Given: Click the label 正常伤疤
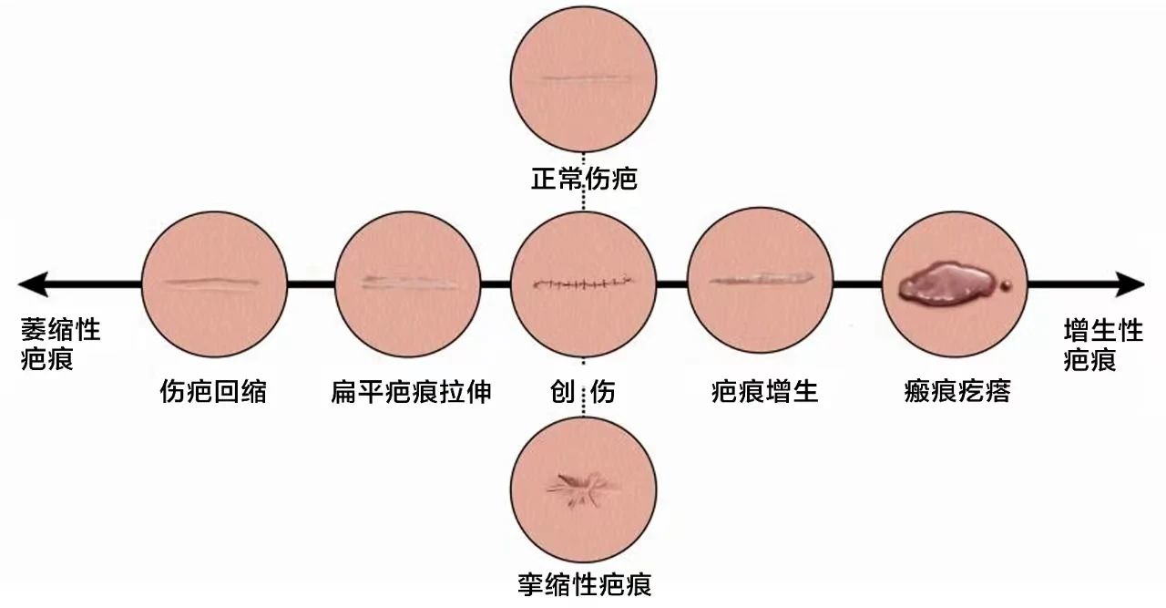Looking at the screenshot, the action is pos(584,179).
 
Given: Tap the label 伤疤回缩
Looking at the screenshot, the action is pos(213,391).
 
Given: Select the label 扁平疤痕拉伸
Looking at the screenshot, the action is pos(411,391).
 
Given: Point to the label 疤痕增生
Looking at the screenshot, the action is pos(764,391).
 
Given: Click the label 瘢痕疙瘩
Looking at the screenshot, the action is pos(957,391).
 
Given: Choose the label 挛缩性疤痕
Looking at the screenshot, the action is pos(584,584).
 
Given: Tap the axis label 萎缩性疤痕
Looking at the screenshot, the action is pos(60,344).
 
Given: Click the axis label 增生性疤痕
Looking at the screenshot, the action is pos(1103,345).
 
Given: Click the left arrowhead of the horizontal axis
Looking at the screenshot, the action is pos(32,283).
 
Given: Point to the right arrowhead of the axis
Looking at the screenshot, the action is pos(1130,283).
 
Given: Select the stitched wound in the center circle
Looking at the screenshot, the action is pos(584,283).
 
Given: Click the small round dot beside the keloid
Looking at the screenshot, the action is pos(1007,284).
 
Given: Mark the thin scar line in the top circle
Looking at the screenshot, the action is pos(586,78).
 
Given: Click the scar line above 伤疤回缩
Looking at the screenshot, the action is pos(212,283).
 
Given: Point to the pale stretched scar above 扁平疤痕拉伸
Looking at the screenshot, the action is pos(409,283).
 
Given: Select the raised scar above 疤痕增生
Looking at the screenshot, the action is pos(762,279).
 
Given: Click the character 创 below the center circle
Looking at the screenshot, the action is pos(563,391).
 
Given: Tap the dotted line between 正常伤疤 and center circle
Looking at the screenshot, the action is pos(584,200).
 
